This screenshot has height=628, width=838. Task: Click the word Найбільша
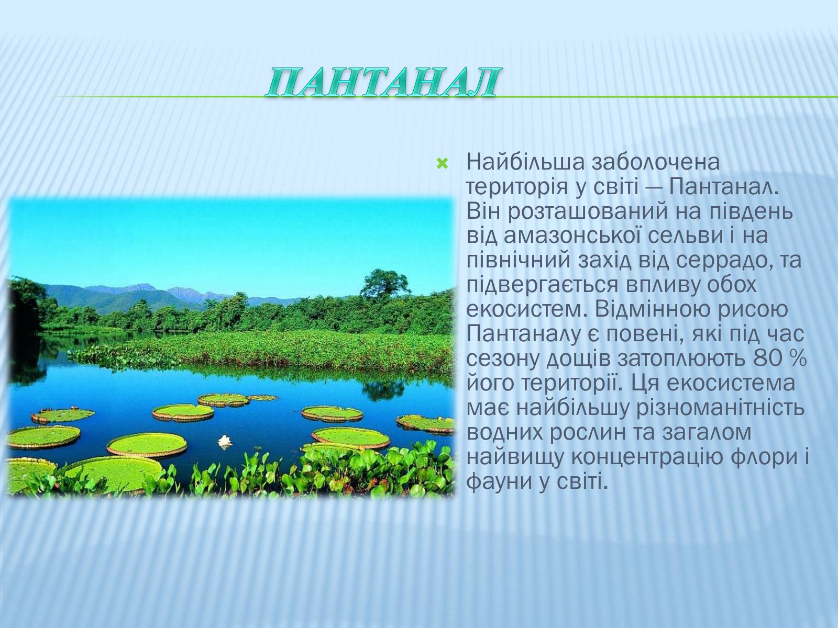pos(525,162)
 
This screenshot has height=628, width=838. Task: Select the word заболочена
pos(656,162)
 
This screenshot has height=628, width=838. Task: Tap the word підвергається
pos(542,286)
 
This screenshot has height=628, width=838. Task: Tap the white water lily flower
pos(225,441)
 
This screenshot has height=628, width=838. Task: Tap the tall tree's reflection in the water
pos(383,389)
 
